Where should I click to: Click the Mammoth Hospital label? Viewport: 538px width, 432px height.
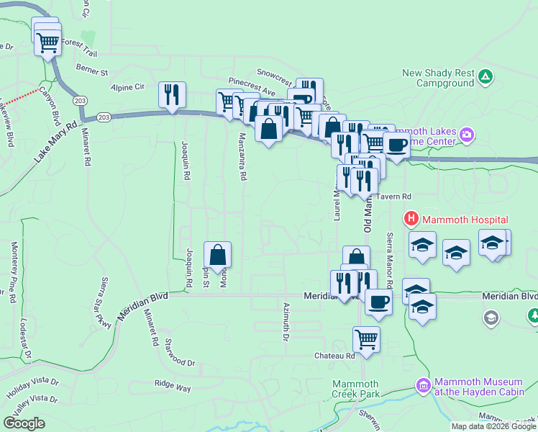pyautogui.click(x=465, y=220)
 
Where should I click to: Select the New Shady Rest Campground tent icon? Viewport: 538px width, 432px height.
pyautogui.click(x=486, y=75)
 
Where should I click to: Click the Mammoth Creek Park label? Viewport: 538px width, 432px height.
pyautogui.click(x=355, y=390)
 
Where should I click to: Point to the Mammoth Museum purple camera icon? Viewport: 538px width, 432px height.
pyautogui.click(x=423, y=387)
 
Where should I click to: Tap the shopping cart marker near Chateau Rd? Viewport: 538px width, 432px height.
pyautogui.click(x=366, y=338)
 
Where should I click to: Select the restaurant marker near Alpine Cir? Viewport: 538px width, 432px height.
pyautogui.click(x=172, y=94)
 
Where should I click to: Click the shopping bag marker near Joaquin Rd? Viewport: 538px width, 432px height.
pyautogui.click(x=217, y=254)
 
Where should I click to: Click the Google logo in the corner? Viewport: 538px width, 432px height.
pyautogui.click(x=24, y=423)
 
